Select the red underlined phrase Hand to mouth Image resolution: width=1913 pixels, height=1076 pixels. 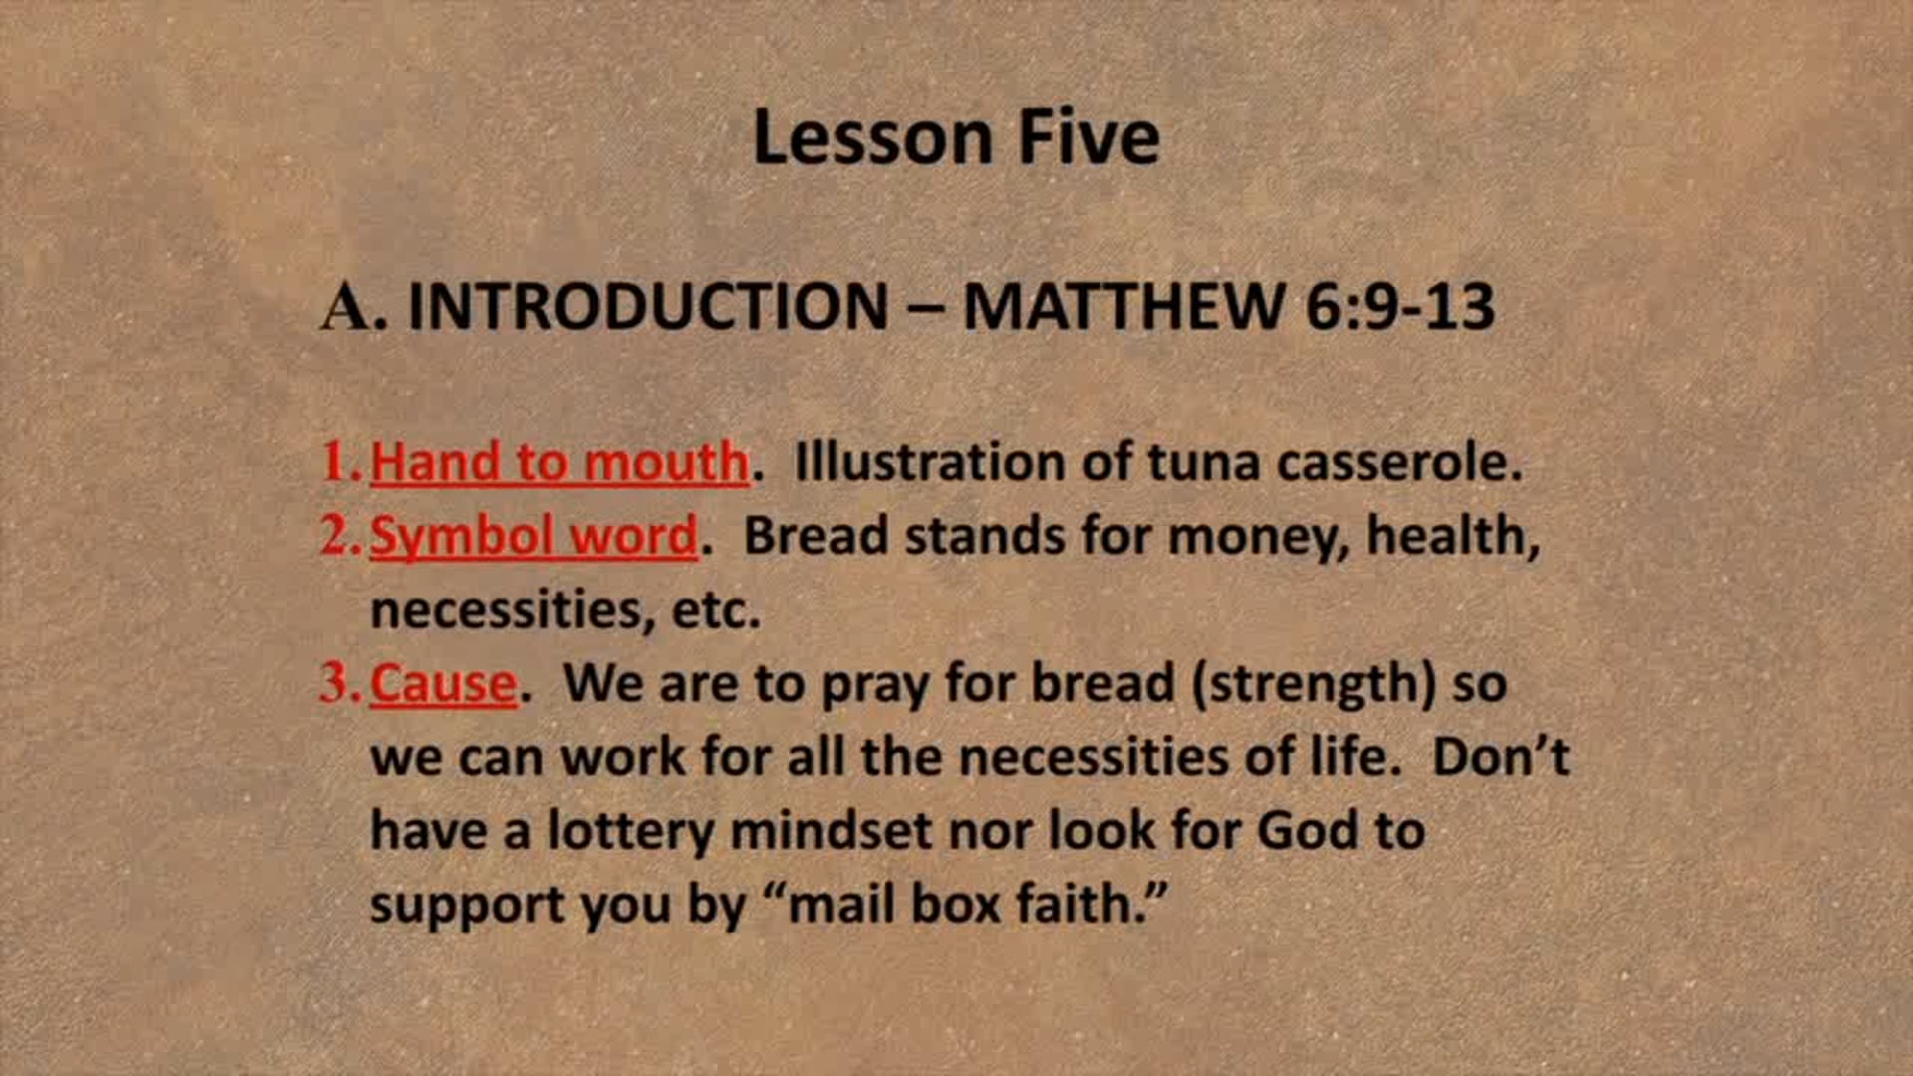[559, 462]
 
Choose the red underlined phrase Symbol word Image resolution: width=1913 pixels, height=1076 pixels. [534, 536]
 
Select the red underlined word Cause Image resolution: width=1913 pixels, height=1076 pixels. [443, 683]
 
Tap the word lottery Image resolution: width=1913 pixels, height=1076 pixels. [630, 831]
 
